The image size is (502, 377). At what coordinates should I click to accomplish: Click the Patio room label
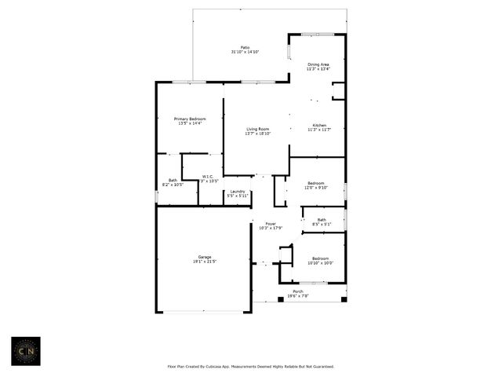coord(246,47)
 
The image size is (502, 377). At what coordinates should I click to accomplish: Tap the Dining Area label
coord(318,64)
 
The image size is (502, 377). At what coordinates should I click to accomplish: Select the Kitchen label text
coord(319,125)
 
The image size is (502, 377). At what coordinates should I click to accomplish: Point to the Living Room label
coord(258,129)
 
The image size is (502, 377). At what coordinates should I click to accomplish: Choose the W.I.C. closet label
coord(208,177)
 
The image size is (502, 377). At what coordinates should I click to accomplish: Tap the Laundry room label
coord(237,191)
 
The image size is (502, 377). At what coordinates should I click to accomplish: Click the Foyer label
coord(271,224)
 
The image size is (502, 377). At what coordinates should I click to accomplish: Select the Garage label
coord(204,257)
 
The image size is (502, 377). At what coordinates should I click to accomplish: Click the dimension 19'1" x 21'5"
coord(204,262)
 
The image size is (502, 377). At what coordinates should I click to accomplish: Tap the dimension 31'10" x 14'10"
coord(246,52)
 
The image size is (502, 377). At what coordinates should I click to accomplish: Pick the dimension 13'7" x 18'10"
coord(258,134)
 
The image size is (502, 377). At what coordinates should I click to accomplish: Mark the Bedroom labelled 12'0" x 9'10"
coord(317,185)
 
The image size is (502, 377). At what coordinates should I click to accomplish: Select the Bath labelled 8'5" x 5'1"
coord(322,221)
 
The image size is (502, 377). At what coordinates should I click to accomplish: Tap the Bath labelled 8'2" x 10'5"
coord(173,181)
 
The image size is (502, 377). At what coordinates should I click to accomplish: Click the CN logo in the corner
coord(27,351)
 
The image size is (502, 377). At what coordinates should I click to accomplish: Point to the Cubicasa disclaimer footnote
coord(251,366)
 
